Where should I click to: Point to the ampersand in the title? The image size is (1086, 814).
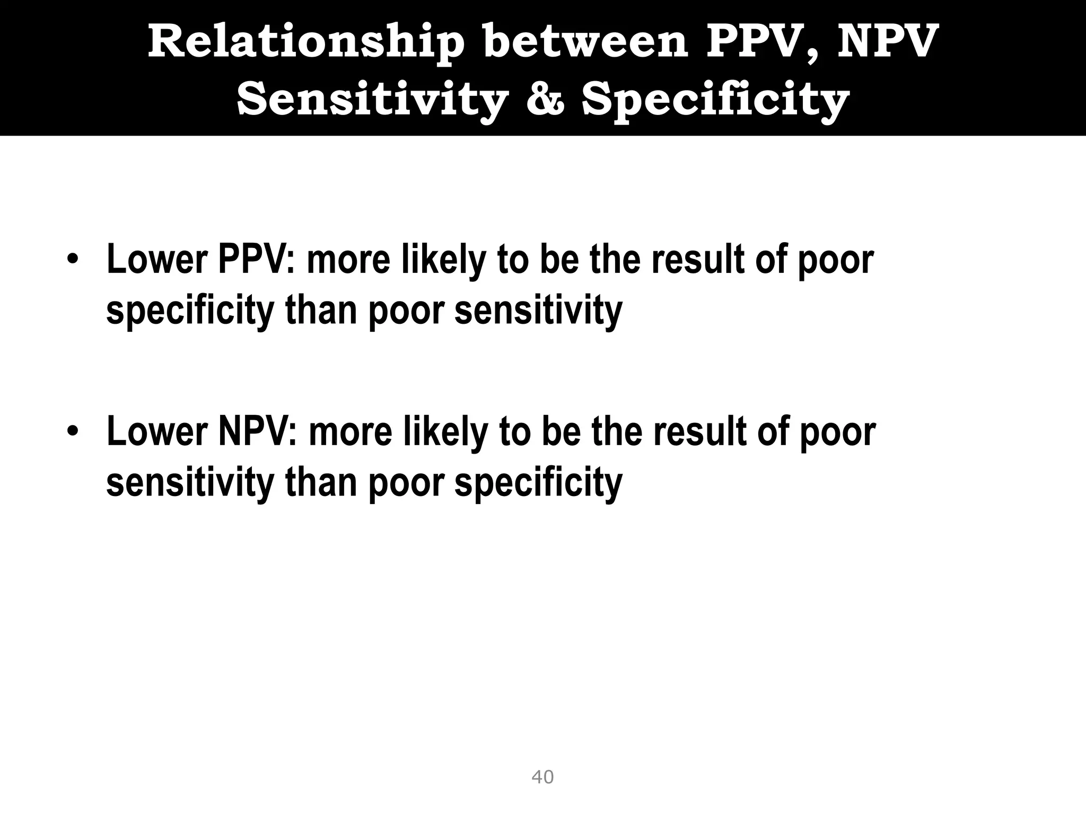(546, 99)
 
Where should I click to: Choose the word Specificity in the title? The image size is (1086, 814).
(716, 99)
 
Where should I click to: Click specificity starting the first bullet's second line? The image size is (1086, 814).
(190, 311)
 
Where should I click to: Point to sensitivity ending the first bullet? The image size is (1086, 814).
(538, 310)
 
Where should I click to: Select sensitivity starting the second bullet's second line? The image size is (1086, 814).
(190, 482)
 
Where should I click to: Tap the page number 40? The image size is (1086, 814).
(542, 777)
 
